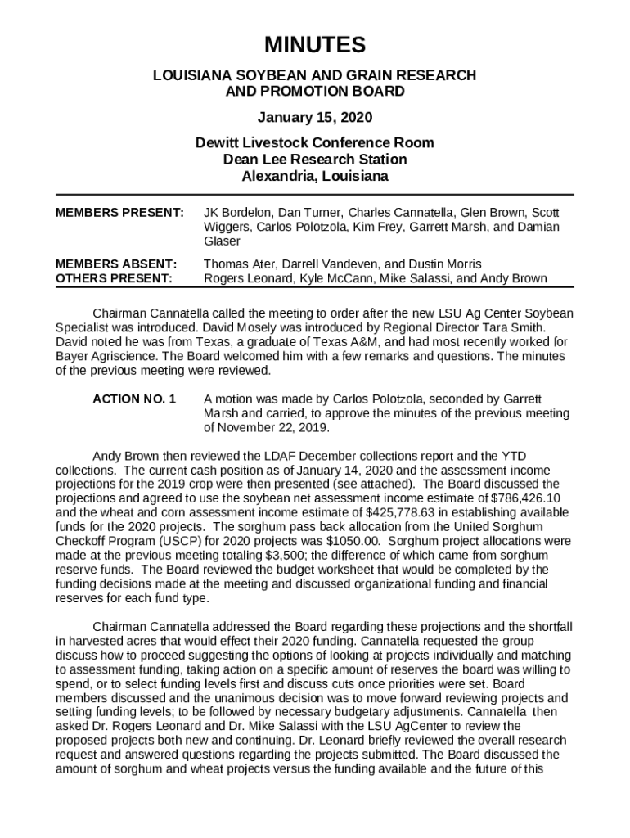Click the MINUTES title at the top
pos(315,45)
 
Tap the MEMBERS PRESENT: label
pos(119,212)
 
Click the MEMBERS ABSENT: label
pos(116,264)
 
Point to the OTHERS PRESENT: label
pos(114,278)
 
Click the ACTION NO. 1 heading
pos(134,399)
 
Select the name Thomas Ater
pos(240,264)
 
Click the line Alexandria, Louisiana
pos(315,176)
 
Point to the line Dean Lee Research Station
pos(315,160)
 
